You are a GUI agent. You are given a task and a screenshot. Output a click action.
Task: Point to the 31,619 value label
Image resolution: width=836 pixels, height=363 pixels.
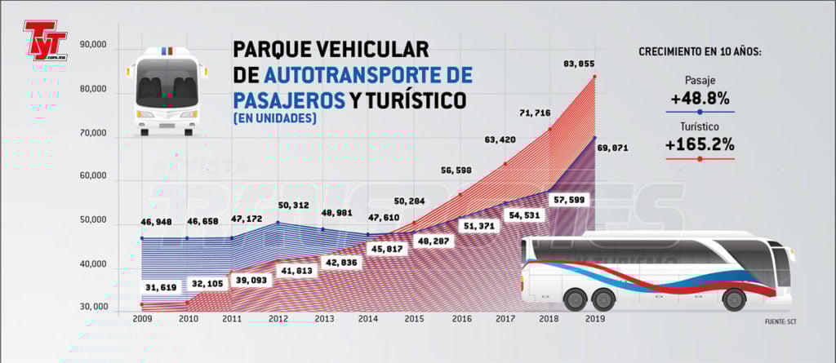coord(162,287)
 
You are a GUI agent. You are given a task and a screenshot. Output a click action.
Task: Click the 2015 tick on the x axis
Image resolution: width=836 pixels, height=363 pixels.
coord(413,319)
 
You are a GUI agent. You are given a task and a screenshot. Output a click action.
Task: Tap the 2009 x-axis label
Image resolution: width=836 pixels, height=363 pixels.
coord(142,319)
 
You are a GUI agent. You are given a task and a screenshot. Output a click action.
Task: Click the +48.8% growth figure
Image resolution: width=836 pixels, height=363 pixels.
coord(700,98)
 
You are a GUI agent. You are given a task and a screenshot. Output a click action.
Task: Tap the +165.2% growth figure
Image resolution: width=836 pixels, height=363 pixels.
coord(699,145)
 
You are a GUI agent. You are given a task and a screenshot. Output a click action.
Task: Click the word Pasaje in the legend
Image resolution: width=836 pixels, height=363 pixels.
coord(700,80)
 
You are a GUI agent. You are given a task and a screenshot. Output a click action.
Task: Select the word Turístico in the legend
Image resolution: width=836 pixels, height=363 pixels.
coord(700,127)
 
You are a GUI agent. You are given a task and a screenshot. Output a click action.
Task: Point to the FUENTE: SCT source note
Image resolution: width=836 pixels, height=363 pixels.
coord(780,321)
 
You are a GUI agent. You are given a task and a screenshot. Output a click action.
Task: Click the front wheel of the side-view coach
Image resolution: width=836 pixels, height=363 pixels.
coord(734,299)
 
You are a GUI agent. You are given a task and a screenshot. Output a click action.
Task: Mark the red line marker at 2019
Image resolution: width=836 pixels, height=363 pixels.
coord(594,77)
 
